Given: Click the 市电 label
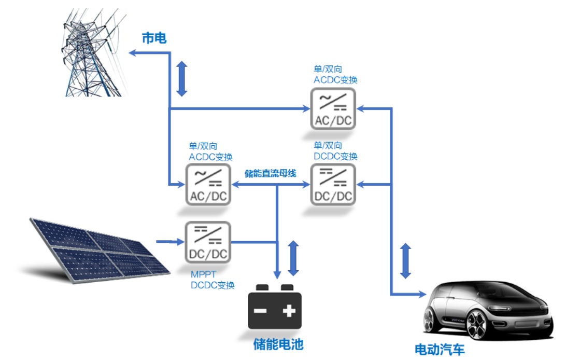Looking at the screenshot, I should (154, 38).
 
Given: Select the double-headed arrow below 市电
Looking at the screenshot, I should (181, 79).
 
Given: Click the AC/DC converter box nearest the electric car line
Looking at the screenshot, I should (333, 108).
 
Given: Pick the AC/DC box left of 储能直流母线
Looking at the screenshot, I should (208, 184).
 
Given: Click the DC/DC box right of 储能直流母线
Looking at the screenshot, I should (333, 184).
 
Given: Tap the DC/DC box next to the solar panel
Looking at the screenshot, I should (208, 241).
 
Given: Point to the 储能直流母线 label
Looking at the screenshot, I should (270, 174).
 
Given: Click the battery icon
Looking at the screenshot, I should (274, 309).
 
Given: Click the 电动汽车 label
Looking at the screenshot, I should (440, 349).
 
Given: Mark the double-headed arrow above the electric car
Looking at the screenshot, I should (406, 260).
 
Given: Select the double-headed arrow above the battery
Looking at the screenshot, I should (293, 258).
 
